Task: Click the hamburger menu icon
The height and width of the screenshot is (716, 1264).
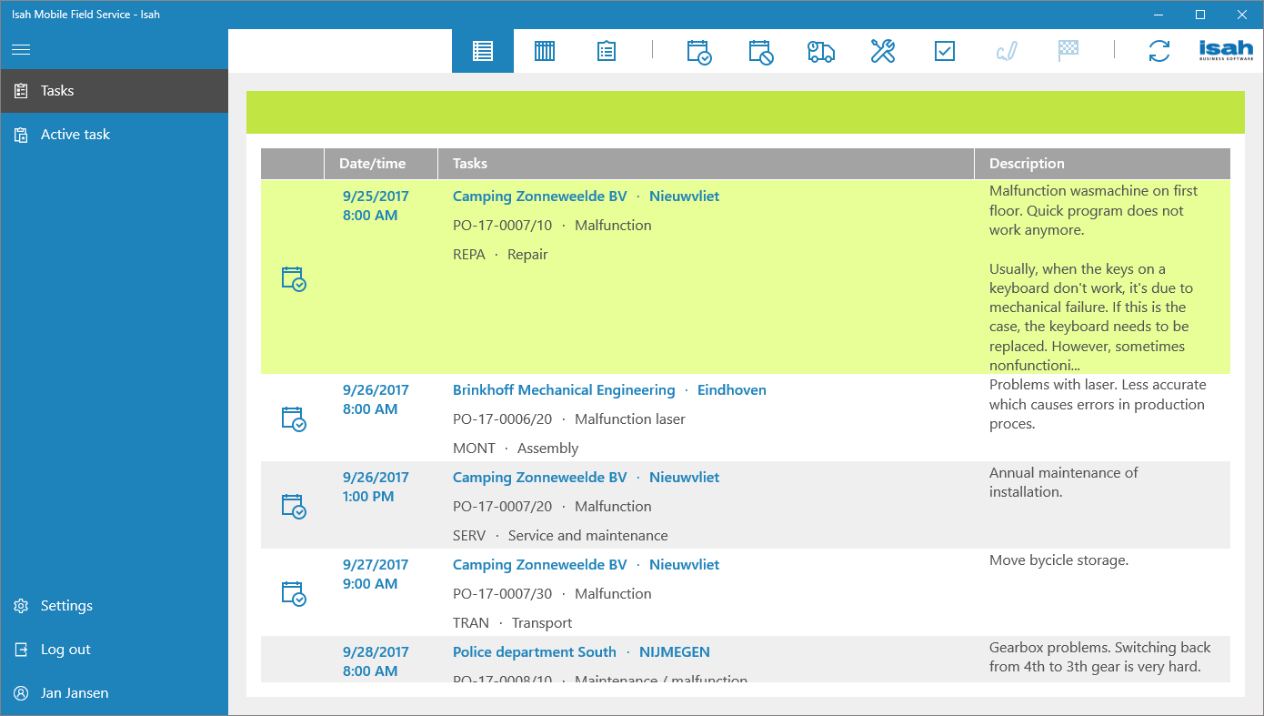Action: click(x=21, y=50)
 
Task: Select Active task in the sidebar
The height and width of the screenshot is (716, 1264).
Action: click(x=75, y=135)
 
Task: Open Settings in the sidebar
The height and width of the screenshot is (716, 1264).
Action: click(x=65, y=606)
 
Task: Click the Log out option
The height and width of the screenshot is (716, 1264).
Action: click(x=65, y=650)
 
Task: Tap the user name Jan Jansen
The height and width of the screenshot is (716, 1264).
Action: click(x=74, y=693)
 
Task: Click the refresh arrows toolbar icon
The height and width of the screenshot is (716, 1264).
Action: click(x=1159, y=51)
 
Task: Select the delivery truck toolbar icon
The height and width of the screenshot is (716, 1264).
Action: click(x=820, y=51)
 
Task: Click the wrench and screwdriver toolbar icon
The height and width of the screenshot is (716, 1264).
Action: click(x=882, y=51)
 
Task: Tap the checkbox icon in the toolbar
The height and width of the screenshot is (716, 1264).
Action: click(x=944, y=51)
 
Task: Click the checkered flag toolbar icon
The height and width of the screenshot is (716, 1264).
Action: click(x=1068, y=51)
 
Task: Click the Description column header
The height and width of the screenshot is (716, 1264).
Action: click(x=1026, y=164)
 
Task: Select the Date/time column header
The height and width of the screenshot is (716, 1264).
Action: click(x=372, y=164)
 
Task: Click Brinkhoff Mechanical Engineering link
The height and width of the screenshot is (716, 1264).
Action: click(x=564, y=390)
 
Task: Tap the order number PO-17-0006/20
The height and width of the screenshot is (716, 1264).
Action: click(x=502, y=419)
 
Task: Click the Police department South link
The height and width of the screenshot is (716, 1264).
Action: click(x=534, y=652)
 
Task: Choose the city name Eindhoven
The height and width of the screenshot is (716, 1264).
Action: click(x=731, y=390)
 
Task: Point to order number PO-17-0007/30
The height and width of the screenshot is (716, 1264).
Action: click(x=502, y=594)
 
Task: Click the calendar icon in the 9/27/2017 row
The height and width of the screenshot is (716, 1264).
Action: click(x=293, y=593)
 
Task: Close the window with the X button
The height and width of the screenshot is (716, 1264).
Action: click(x=1242, y=15)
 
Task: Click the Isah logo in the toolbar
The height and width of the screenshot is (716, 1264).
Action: click(x=1226, y=51)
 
